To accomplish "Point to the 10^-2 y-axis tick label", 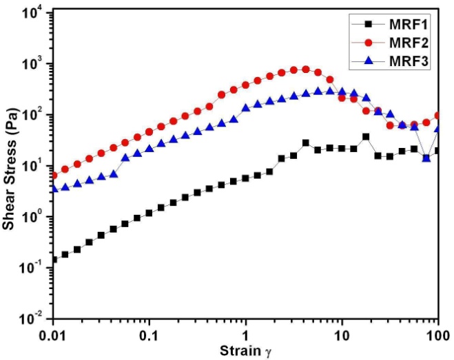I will coord(32,318).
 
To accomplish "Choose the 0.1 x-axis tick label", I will coord(149,335).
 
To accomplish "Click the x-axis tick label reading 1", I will coord(245,335).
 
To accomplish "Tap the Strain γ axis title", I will coord(245,352).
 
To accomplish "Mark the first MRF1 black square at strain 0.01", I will coord(54,260).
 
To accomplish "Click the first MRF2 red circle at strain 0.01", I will coord(54,176).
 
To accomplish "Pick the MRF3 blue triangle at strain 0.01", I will coord(54,188).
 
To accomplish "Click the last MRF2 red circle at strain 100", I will coord(437,116).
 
